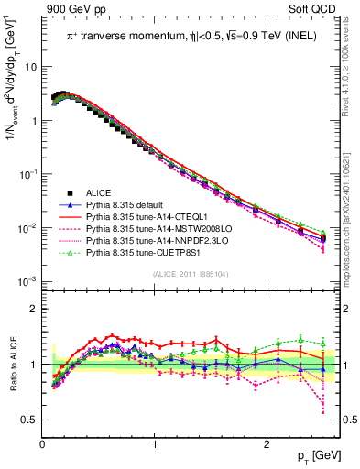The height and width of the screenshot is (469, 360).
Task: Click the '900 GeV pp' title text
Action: coord(74,10)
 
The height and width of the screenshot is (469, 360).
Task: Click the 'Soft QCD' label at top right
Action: coord(314,10)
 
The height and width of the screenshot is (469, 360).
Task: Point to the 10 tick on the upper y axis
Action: coord(30,67)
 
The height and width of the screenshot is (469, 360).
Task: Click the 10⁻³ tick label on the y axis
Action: coord(27,281)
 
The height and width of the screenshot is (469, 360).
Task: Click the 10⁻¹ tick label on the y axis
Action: coord(27,174)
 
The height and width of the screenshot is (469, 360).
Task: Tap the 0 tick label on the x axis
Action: coord(43,444)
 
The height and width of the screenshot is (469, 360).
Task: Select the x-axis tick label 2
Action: coord(266,444)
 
